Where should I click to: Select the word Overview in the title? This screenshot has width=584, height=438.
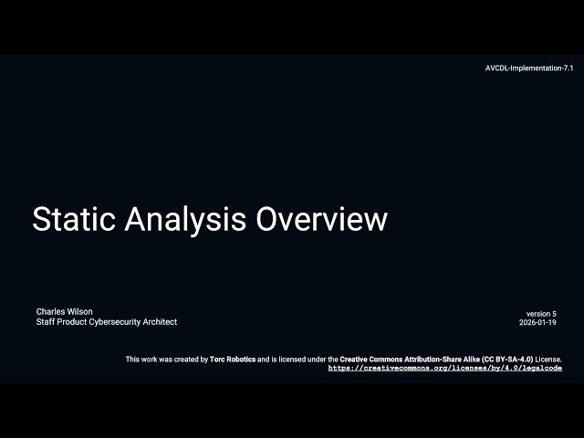pyautogui.click(x=321, y=220)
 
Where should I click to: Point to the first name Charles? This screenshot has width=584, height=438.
pyautogui.click(x=51, y=312)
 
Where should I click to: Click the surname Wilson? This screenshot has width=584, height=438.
pyautogui.click(x=80, y=312)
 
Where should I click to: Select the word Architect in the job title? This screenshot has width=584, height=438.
pyautogui.click(x=159, y=322)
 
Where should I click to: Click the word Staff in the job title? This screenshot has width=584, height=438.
pyautogui.click(x=46, y=322)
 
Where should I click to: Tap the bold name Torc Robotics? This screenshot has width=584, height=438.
pyautogui.click(x=233, y=360)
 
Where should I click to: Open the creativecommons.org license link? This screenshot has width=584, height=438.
pyautogui.click(x=444, y=368)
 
